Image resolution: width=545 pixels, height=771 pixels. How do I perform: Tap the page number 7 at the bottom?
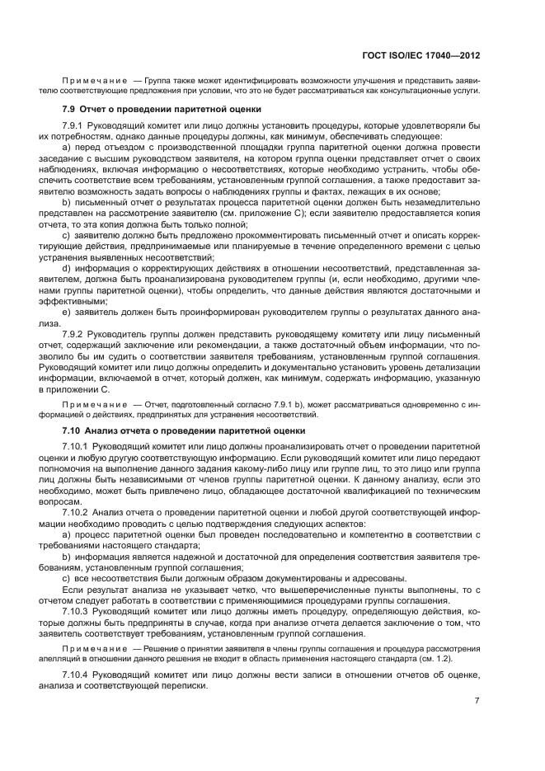(x=477, y=701)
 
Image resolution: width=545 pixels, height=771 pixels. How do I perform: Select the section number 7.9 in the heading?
(x=70, y=109)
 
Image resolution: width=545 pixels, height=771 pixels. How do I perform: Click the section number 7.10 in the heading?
(x=73, y=430)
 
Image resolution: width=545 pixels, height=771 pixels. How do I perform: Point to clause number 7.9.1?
(x=75, y=125)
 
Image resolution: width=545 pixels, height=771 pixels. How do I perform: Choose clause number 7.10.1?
(x=78, y=446)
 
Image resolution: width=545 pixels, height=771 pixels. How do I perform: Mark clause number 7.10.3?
(x=78, y=613)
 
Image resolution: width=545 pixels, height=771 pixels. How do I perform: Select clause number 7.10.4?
(x=78, y=676)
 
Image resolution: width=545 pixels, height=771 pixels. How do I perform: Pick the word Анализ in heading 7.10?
(x=106, y=430)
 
